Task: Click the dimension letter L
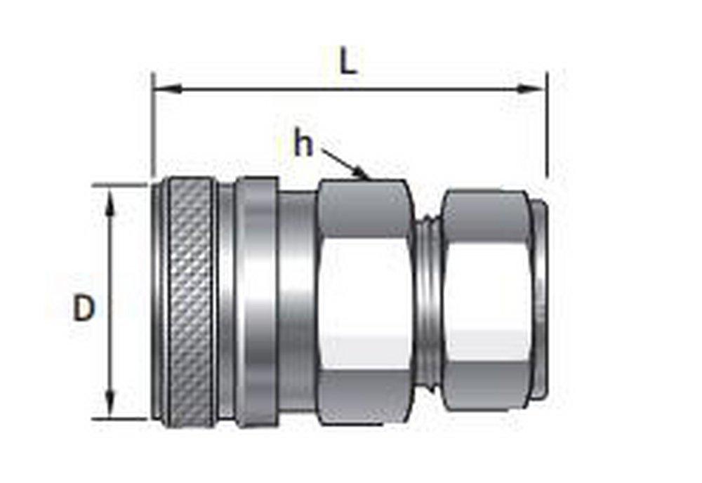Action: [x=349, y=62]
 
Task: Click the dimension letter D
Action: [x=84, y=308]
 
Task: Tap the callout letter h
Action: [x=303, y=145]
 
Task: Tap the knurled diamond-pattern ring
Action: [x=190, y=302]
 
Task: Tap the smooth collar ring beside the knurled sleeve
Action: [x=256, y=302]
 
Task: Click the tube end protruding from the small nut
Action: [x=539, y=295]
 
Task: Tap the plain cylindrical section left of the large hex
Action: [x=298, y=302]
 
